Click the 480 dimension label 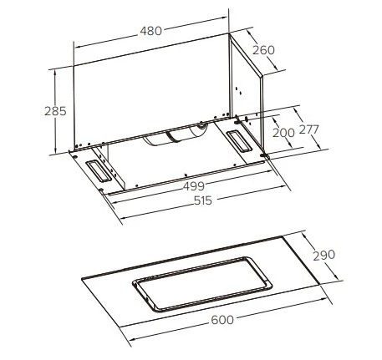point(150,31)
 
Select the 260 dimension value point(263,50)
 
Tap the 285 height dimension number point(55,111)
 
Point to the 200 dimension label point(283,133)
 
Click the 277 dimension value point(308,129)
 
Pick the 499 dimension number point(194,186)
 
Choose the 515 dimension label point(203,200)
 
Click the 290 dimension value point(324,256)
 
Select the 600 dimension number point(222,320)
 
